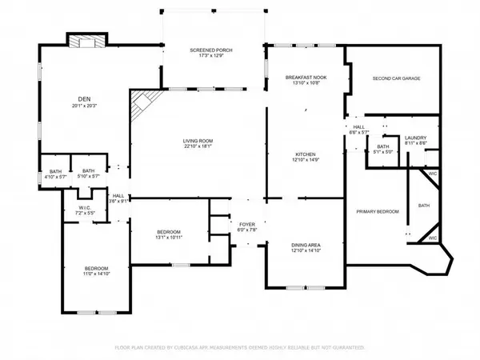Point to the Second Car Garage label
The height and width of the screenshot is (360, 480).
396,78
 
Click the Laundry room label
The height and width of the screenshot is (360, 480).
416,138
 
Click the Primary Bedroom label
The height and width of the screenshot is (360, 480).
377,210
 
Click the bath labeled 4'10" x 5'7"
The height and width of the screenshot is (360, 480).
55,175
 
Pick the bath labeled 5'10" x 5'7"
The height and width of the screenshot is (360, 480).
88,175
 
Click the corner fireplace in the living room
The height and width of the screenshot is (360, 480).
142,104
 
